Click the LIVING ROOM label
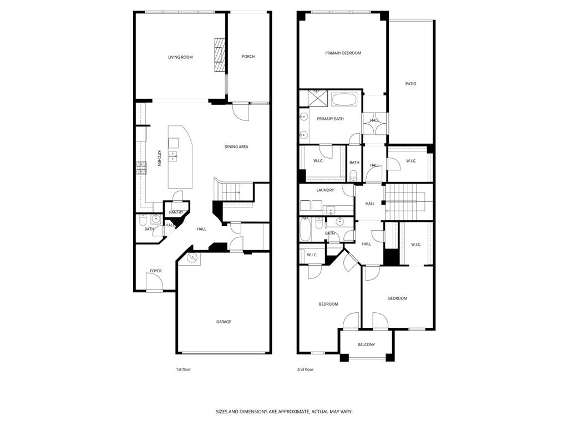coord(180,57)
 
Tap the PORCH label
coord(248,57)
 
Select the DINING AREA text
coord(236,147)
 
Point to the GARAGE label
coord(224,322)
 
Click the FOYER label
coord(156,271)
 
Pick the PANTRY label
coord(176,212)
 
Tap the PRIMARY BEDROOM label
coord(343,53)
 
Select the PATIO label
coord(410,84)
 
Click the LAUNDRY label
coord(325,190)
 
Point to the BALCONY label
coord(366,345)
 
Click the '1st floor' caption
coord(183,369)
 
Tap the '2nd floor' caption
coord(306,369)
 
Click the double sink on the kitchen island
coord(173,156)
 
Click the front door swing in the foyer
coord(154,283)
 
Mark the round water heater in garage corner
coord(192,258)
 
